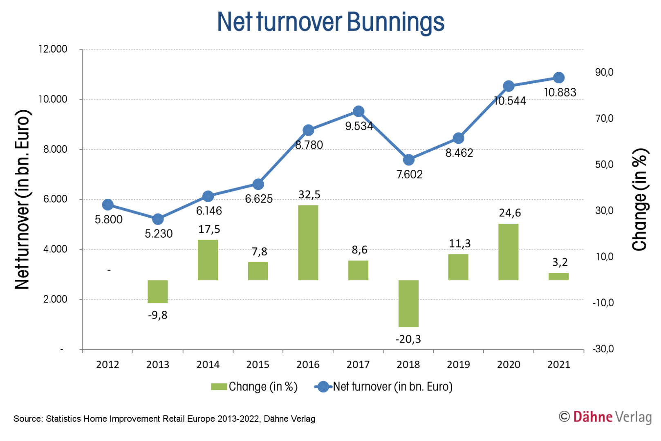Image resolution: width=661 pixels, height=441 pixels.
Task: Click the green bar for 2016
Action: click(x=308, y=243)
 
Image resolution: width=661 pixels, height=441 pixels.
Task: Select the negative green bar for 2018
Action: click(x=408, y=303)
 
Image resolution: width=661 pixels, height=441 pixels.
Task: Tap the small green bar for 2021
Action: click(x=558, y=276)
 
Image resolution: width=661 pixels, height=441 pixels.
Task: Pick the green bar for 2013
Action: click(x=158, y=292)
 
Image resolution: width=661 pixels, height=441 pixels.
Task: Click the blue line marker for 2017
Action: click(x=359, y=111)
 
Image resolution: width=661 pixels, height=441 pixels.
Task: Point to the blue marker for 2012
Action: click(x=108, y=205)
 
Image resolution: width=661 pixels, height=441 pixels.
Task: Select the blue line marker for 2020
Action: click(x=509, y=86)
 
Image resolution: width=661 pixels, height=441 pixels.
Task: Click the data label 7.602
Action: click(x=409, y=175)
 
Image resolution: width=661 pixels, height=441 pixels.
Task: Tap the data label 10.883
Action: click(x=560, y=93)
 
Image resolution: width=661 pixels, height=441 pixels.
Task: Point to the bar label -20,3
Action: click(x=408, y=339)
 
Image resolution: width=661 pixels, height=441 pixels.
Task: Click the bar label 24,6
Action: click(x=510, y=213)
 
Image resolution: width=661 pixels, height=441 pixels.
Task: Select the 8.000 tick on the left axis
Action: click(x=55, y=149)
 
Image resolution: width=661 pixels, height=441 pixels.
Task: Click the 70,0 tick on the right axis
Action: click(x=604, y=119)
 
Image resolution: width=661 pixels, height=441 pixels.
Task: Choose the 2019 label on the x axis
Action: click(x=458, y=365)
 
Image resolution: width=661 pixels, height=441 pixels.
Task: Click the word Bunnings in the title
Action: click(x=395, y=22)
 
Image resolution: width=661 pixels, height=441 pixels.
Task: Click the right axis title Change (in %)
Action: click(x=640, y=200)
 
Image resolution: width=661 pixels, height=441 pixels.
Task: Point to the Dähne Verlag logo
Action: click(x=605, y=417)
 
